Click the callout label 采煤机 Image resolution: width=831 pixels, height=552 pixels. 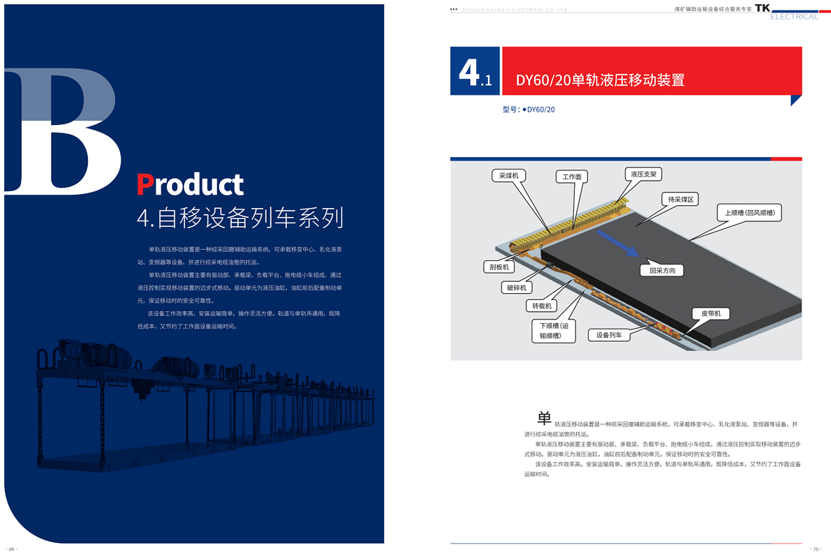click(508, 176)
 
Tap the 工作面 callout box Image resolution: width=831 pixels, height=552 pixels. click(572, 177)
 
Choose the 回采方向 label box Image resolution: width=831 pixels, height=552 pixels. click(662, 270)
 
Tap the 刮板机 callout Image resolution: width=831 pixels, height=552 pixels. click(499, 267)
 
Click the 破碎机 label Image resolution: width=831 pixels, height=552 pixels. click(517, 288)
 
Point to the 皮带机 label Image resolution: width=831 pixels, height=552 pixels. click(711, 314)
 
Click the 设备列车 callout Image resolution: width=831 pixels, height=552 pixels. click(609, 336)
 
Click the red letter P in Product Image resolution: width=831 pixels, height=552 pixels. click(144, 184)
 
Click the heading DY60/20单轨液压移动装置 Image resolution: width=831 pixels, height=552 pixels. click(600, 80)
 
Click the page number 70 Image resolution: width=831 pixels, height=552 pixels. click(814, 549)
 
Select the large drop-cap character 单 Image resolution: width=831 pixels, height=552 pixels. click(544, 418)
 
